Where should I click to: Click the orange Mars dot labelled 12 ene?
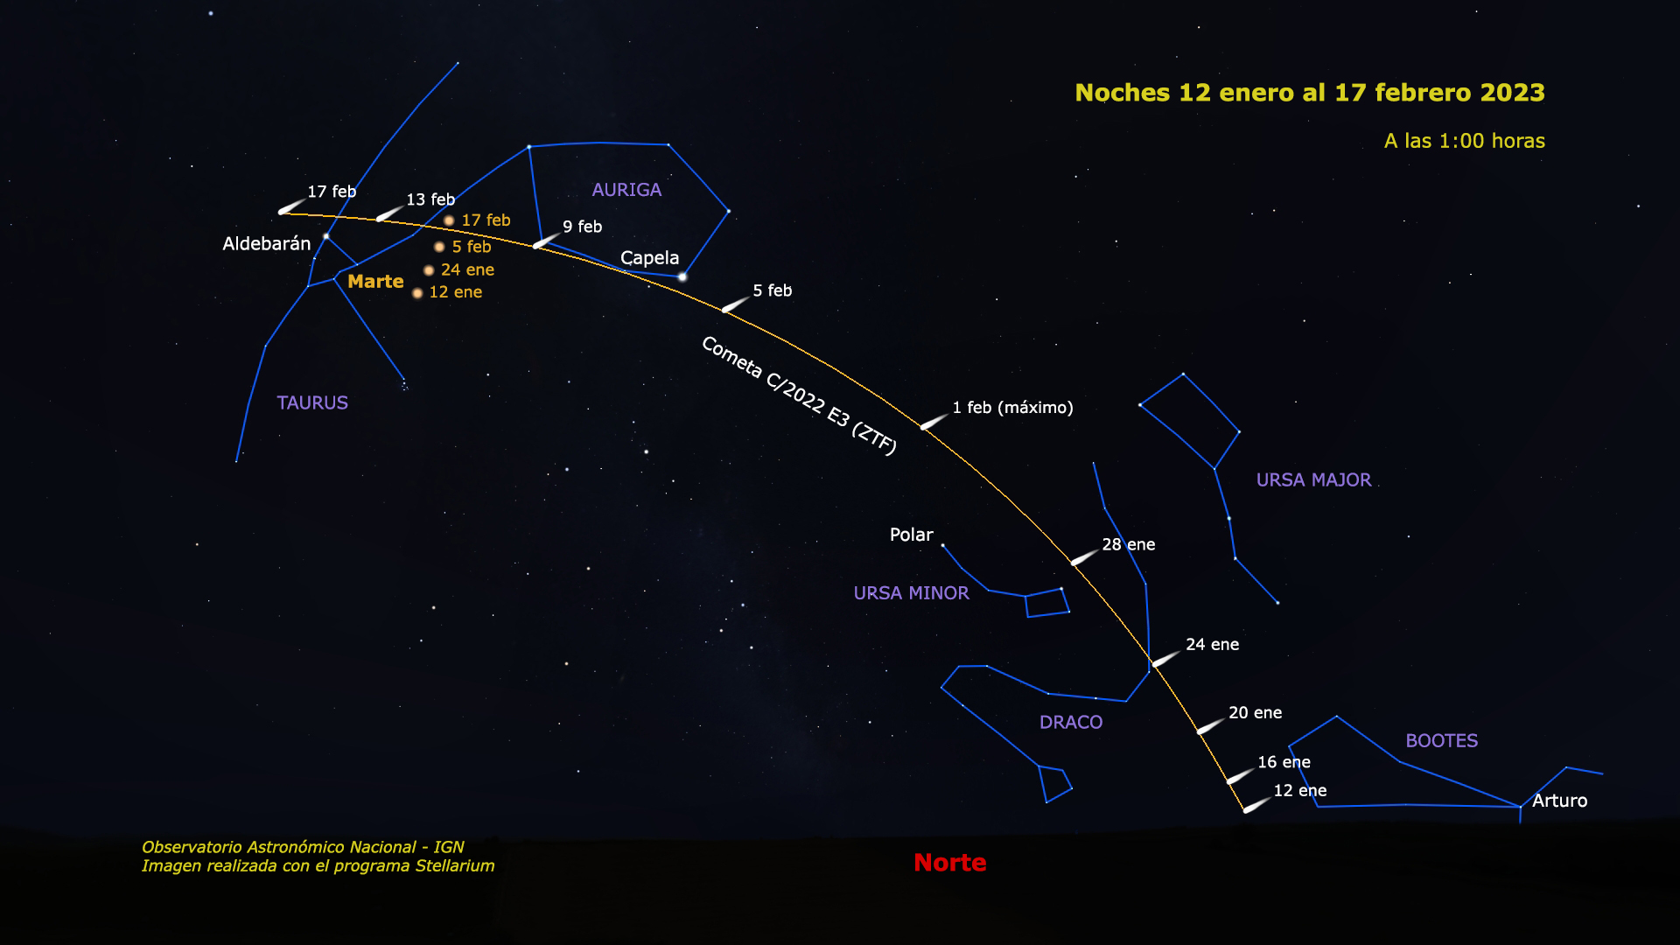(x=417, y=293)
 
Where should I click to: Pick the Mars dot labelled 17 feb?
(x=449, y=220)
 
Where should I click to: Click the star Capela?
(x=682, y=277)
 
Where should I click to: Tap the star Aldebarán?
(x=325, y=236)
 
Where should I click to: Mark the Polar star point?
(x=942, y=545)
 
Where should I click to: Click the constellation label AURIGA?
(x=626, y=190)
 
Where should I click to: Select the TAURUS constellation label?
(x=312, y=402)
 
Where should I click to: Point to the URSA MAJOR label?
(x=1313, y=479)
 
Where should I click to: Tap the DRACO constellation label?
(x=1070, y=722)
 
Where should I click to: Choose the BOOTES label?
(x=1441, y=740)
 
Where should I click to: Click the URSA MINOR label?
(x=911, y=593)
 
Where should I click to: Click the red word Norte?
(x=949, y=863)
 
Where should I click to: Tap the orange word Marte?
(x=375, y=282)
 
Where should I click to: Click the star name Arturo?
(x=1559, y=801)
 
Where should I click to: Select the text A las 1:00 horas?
(x=1464, y=141)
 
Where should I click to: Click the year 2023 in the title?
(x=1512, y=93)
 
